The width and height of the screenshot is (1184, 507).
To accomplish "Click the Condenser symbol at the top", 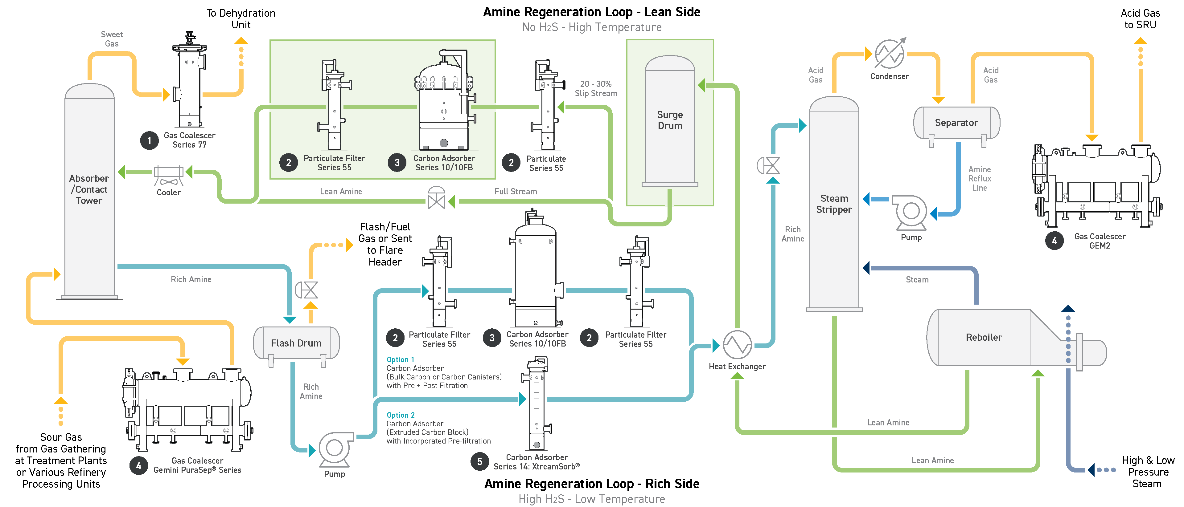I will click(889, 54).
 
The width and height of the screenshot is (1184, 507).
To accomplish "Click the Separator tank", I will click(956, 123).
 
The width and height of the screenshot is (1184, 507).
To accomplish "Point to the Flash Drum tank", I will click(296, 343).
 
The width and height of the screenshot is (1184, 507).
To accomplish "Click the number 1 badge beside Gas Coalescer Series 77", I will click(149, 140).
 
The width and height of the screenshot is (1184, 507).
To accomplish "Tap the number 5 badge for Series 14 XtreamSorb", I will click(480, 461).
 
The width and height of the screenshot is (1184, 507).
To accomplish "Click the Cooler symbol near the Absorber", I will click(169, 175).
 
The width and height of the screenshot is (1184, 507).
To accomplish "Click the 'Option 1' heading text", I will click(400, 359).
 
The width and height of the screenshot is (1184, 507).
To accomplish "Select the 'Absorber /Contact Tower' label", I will click(89, 189).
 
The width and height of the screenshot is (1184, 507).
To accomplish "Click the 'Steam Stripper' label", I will click(834, 204).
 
